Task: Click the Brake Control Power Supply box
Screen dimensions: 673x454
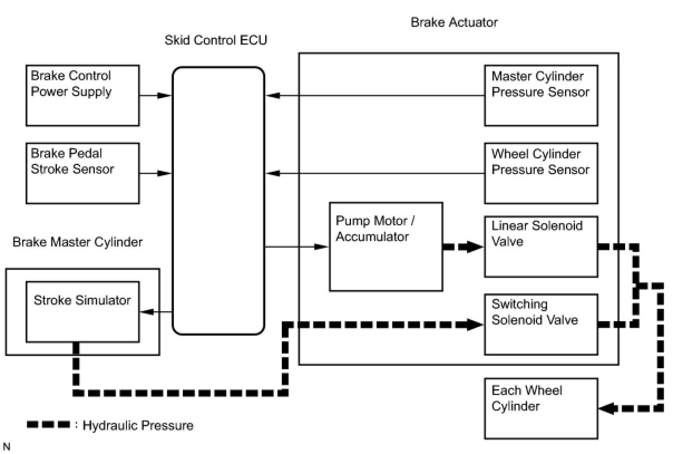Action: pos(82,95)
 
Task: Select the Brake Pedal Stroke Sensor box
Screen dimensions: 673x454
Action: pos(82,173)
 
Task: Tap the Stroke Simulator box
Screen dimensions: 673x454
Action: pos(82,312)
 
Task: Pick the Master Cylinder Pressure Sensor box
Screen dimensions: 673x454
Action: pos(541,95)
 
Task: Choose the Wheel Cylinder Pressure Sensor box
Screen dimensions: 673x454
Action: pos(541,173)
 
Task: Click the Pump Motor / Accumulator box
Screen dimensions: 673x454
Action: pos(386,247)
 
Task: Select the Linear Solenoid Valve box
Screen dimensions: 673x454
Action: pos(541,247)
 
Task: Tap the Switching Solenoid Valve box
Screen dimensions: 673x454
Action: pos(541,325)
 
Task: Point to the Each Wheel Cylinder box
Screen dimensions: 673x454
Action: pos(541,409)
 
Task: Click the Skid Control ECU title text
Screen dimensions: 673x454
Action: pos(216,40)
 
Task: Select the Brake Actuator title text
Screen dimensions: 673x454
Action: pos(454,22)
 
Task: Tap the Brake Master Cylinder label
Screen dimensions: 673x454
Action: pos(77,242)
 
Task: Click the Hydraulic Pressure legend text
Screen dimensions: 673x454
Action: pos(138,426)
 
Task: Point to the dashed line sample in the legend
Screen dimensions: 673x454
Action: pos(48,424)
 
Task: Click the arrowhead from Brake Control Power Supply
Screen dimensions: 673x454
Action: pos(164,96)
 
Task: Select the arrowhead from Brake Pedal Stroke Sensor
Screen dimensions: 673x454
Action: pos(164,173)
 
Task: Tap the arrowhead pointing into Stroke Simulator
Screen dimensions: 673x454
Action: pos(147,312)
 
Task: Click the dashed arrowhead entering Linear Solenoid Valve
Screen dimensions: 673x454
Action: pos(475,247)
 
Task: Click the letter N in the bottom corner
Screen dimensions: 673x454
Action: pos(6,447)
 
